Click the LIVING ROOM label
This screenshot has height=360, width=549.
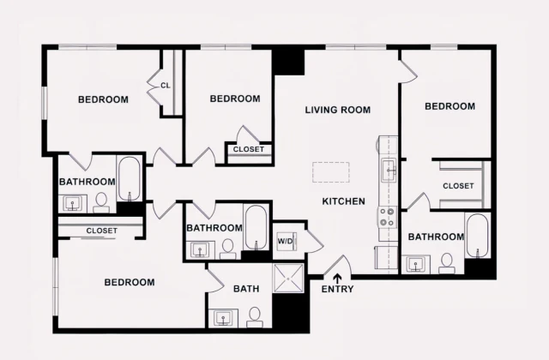[x=338, y=110]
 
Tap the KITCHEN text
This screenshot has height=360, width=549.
[x=343, y=201]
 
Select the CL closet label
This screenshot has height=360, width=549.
[x=166, y=85]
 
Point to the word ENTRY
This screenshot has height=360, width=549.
[x=337, y=289]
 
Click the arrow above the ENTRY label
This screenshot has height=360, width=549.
[x=337, y=276]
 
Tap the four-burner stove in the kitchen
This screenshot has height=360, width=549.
[x=388, y=218]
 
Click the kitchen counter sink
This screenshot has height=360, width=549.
[x=388, y=167]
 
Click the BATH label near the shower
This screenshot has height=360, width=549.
[x=246, y=290]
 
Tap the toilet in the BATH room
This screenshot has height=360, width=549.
[x=254, y=316]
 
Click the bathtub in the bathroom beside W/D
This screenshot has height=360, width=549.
[x=255, y=226]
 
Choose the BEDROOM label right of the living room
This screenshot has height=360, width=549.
[x=449, y=106]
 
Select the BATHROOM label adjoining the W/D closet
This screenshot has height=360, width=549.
[x=214, y=228]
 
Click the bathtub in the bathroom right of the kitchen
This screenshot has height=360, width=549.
[x=476, y=236]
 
